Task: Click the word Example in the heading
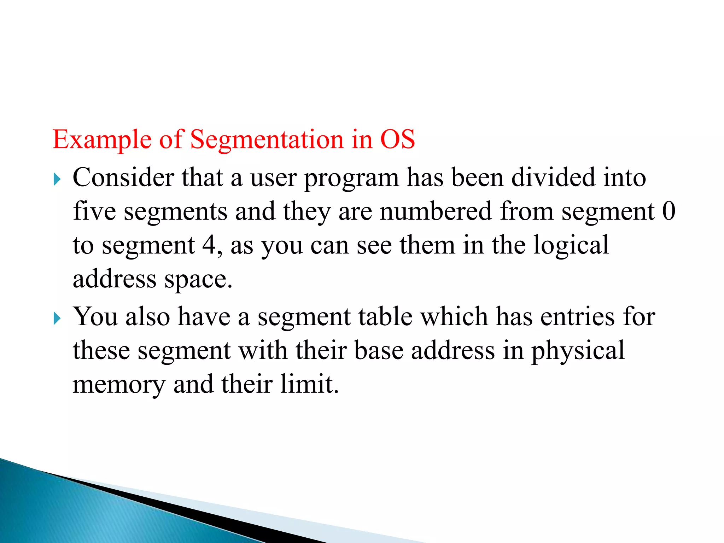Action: point(102,140)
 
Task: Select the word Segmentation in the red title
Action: point(267,140)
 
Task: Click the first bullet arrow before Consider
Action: point(57,179)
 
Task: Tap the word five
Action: point(94,211)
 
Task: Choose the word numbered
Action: point(436,211)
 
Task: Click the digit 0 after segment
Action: point(668,211)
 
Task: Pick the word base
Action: point(379,350)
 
